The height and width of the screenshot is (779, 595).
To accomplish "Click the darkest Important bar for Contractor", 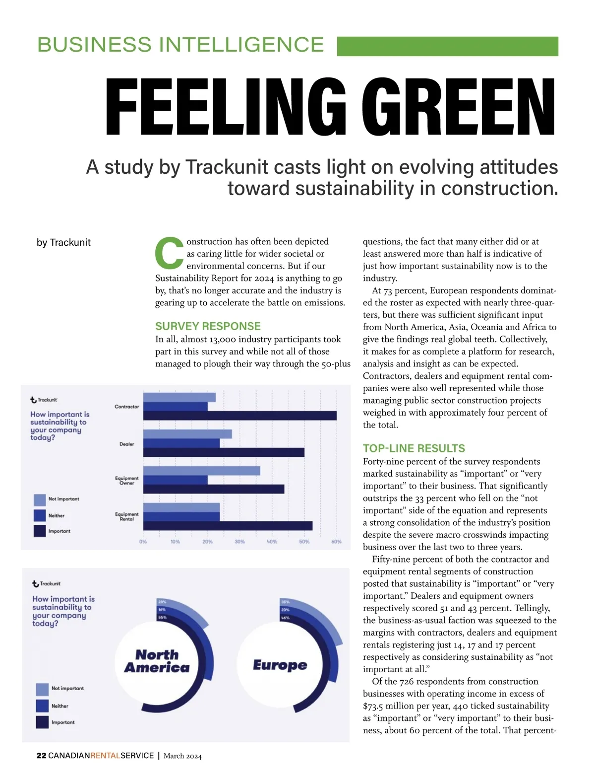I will click(x=239, y=416).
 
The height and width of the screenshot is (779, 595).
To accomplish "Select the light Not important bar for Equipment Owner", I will click(x=201, y=471).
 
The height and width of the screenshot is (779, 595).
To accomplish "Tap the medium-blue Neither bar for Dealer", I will click(x=181, y=443).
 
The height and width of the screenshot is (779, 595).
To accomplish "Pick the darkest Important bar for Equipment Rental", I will click(x=228, y=525).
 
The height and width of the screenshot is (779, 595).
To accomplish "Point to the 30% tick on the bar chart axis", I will click(x=239, y=542).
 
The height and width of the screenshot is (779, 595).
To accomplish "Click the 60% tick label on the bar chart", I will click(x=336, y=542).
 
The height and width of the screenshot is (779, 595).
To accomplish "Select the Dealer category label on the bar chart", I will click(x=126, y=444).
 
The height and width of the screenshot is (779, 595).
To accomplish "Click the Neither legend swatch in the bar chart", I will click(x=40, y=515).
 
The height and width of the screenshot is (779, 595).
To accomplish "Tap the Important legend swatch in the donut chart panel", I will click(x=42, y=722).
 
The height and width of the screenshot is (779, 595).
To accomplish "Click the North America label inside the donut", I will click(x=157, y=661).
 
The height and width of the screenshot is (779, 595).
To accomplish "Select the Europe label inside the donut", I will click(x=280, y=665).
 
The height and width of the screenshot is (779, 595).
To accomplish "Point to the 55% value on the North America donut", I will click(x=162, y=618).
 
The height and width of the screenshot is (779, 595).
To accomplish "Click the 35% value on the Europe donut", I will click(x=285, y=602).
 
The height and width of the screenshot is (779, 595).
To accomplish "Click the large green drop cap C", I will click(x=169, y=252).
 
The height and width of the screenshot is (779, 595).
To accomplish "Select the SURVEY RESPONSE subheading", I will click(x=208, y=326).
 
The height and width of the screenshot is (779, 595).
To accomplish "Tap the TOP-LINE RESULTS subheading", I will click(x=414, y=448).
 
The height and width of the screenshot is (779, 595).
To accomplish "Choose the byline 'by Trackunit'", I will click(x=63, y=242).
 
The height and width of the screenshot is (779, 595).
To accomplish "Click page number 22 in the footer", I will click(x=41, y=756).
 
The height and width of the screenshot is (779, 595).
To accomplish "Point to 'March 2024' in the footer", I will click(x=182, y=756).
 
